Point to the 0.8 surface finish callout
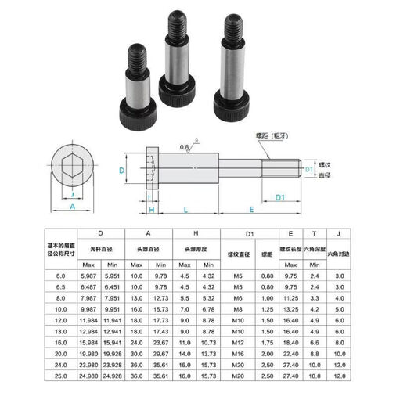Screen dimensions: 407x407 coord(185,146)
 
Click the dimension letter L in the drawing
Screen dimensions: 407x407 coord(185,209)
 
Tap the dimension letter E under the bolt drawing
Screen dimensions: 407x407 coord(250,209)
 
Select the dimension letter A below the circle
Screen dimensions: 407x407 coord(73,207)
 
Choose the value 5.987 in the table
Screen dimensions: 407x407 coord(110,276)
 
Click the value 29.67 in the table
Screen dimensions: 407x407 coord(161,353)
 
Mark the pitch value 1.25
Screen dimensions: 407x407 coord(266,308)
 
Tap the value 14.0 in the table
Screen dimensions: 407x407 coord(185,353)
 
